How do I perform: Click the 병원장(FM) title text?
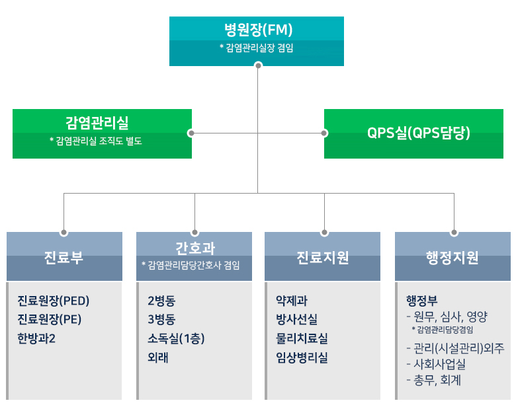(x=258, y=30)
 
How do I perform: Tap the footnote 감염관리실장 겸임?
(x=257, y=48)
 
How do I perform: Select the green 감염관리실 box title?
(x=97, y=123)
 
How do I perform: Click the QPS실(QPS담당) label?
(x=419, y=133)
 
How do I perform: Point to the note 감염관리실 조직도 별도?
(x=96, y=141)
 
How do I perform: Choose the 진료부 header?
(x=64, y=257)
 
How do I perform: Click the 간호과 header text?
(x=195, y=248)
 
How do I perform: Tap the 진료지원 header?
(x=323, y=257)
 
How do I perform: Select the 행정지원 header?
(x=452, y=257)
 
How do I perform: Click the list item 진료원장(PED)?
(x=54, y=301)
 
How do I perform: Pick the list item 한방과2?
(x=36, y=338)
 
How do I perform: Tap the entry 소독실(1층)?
(x=176, y=338)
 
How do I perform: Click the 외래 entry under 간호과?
(x=158, y=357)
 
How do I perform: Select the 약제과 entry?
(x=292, y=301)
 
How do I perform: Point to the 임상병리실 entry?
(x=302, y=357)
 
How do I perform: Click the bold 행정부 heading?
(x=421, y=301)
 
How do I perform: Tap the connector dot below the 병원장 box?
(x=258, y=65)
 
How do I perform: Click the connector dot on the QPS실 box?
(x=324, y=133)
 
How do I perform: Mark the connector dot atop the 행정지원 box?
(x=454, y=233)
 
